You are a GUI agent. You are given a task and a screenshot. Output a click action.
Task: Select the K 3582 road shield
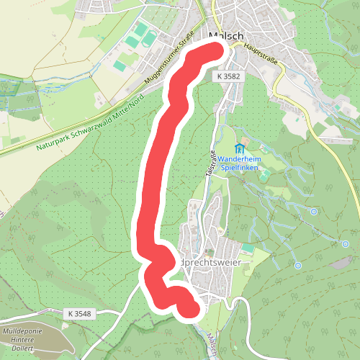point(228,75)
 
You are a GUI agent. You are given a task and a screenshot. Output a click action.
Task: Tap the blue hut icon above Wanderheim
point(238,149)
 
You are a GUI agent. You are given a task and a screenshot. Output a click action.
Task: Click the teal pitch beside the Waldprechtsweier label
point(248,248)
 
